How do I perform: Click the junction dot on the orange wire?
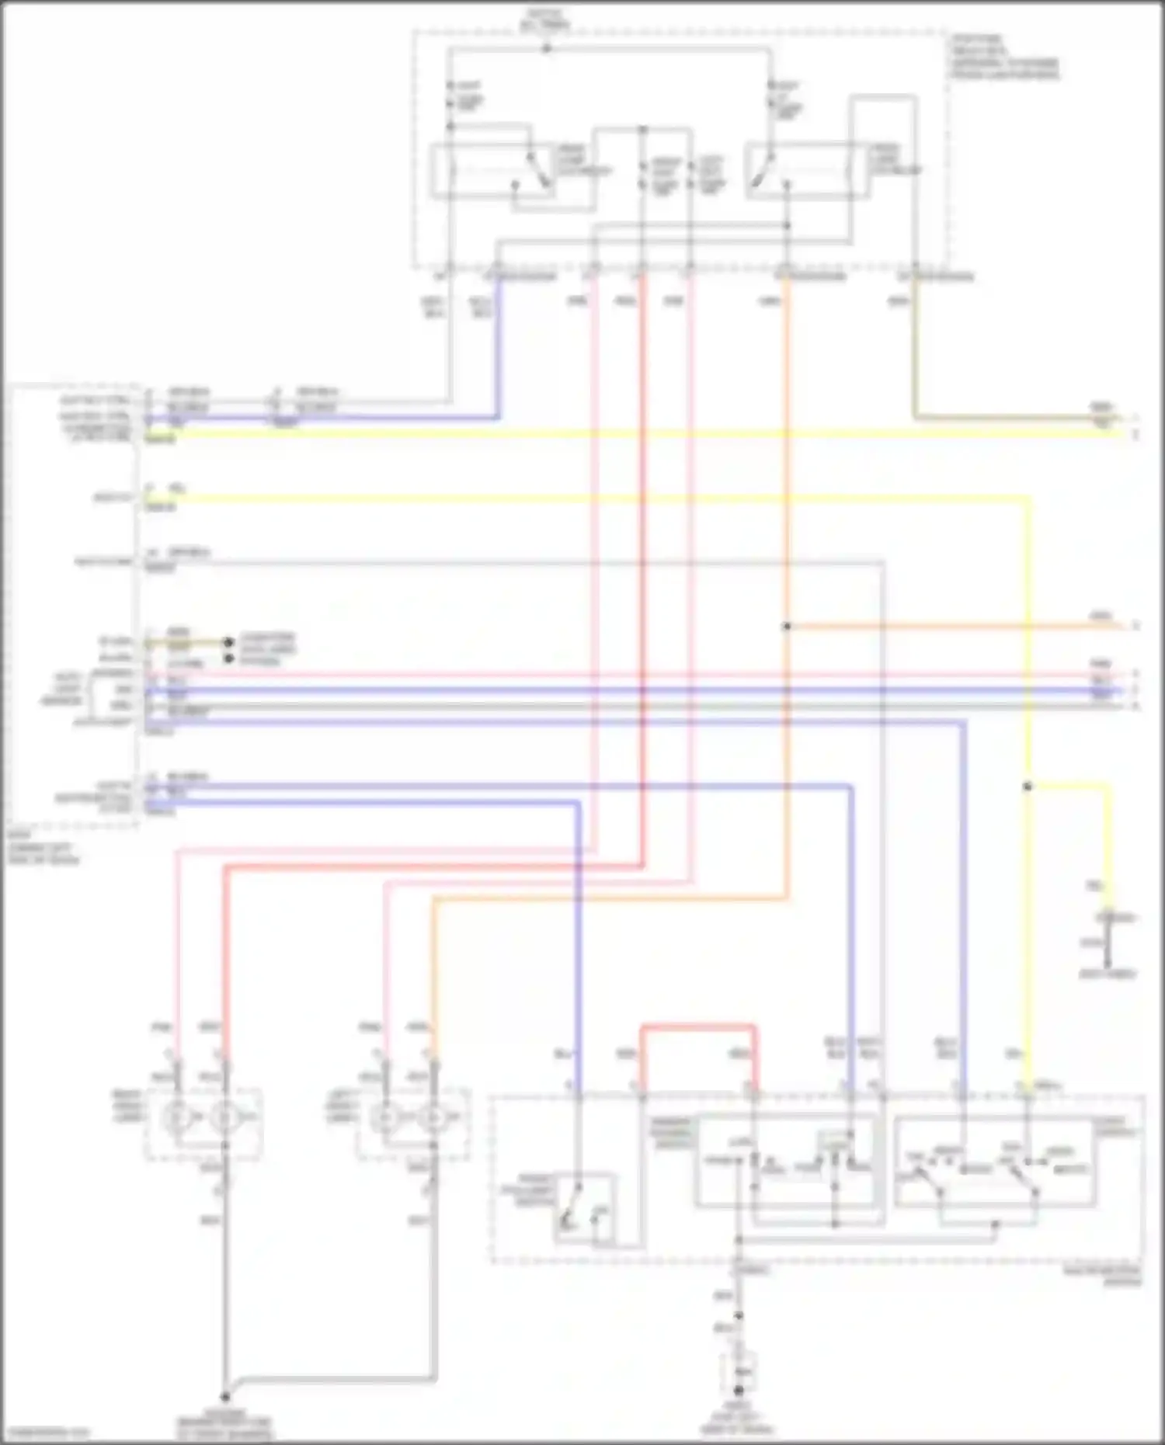point(787,626)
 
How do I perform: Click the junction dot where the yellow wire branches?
point(1027,787)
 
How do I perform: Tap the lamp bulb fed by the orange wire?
point(429,1118)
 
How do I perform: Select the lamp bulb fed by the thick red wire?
point(225,1118)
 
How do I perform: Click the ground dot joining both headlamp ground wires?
point(225,1395)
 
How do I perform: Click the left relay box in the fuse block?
point(492,169)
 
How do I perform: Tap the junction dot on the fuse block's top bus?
point(546,48)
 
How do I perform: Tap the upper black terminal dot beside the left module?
point(228,642)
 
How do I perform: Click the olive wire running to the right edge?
point(1010,419)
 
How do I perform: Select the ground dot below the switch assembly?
point(739,1390)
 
